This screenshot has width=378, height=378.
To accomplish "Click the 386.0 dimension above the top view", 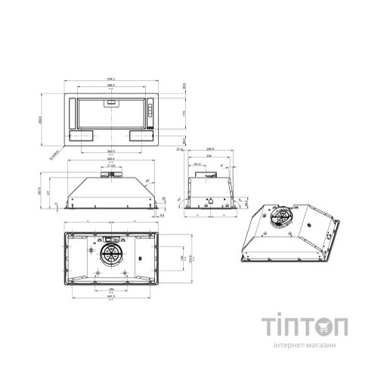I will [111, 85].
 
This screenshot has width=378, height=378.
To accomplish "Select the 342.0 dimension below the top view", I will [111, 151].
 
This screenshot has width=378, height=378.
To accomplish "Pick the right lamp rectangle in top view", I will [140, 137].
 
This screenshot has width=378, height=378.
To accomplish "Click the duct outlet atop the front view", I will [111, 175].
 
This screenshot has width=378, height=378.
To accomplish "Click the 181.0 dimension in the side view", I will [197, 163].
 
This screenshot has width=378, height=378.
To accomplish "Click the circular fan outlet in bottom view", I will [111, 254].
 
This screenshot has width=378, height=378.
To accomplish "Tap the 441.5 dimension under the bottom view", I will [111, 296].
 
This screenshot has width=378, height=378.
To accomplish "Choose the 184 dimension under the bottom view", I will [111, 290].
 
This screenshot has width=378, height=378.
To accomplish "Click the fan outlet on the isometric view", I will [281, 218].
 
